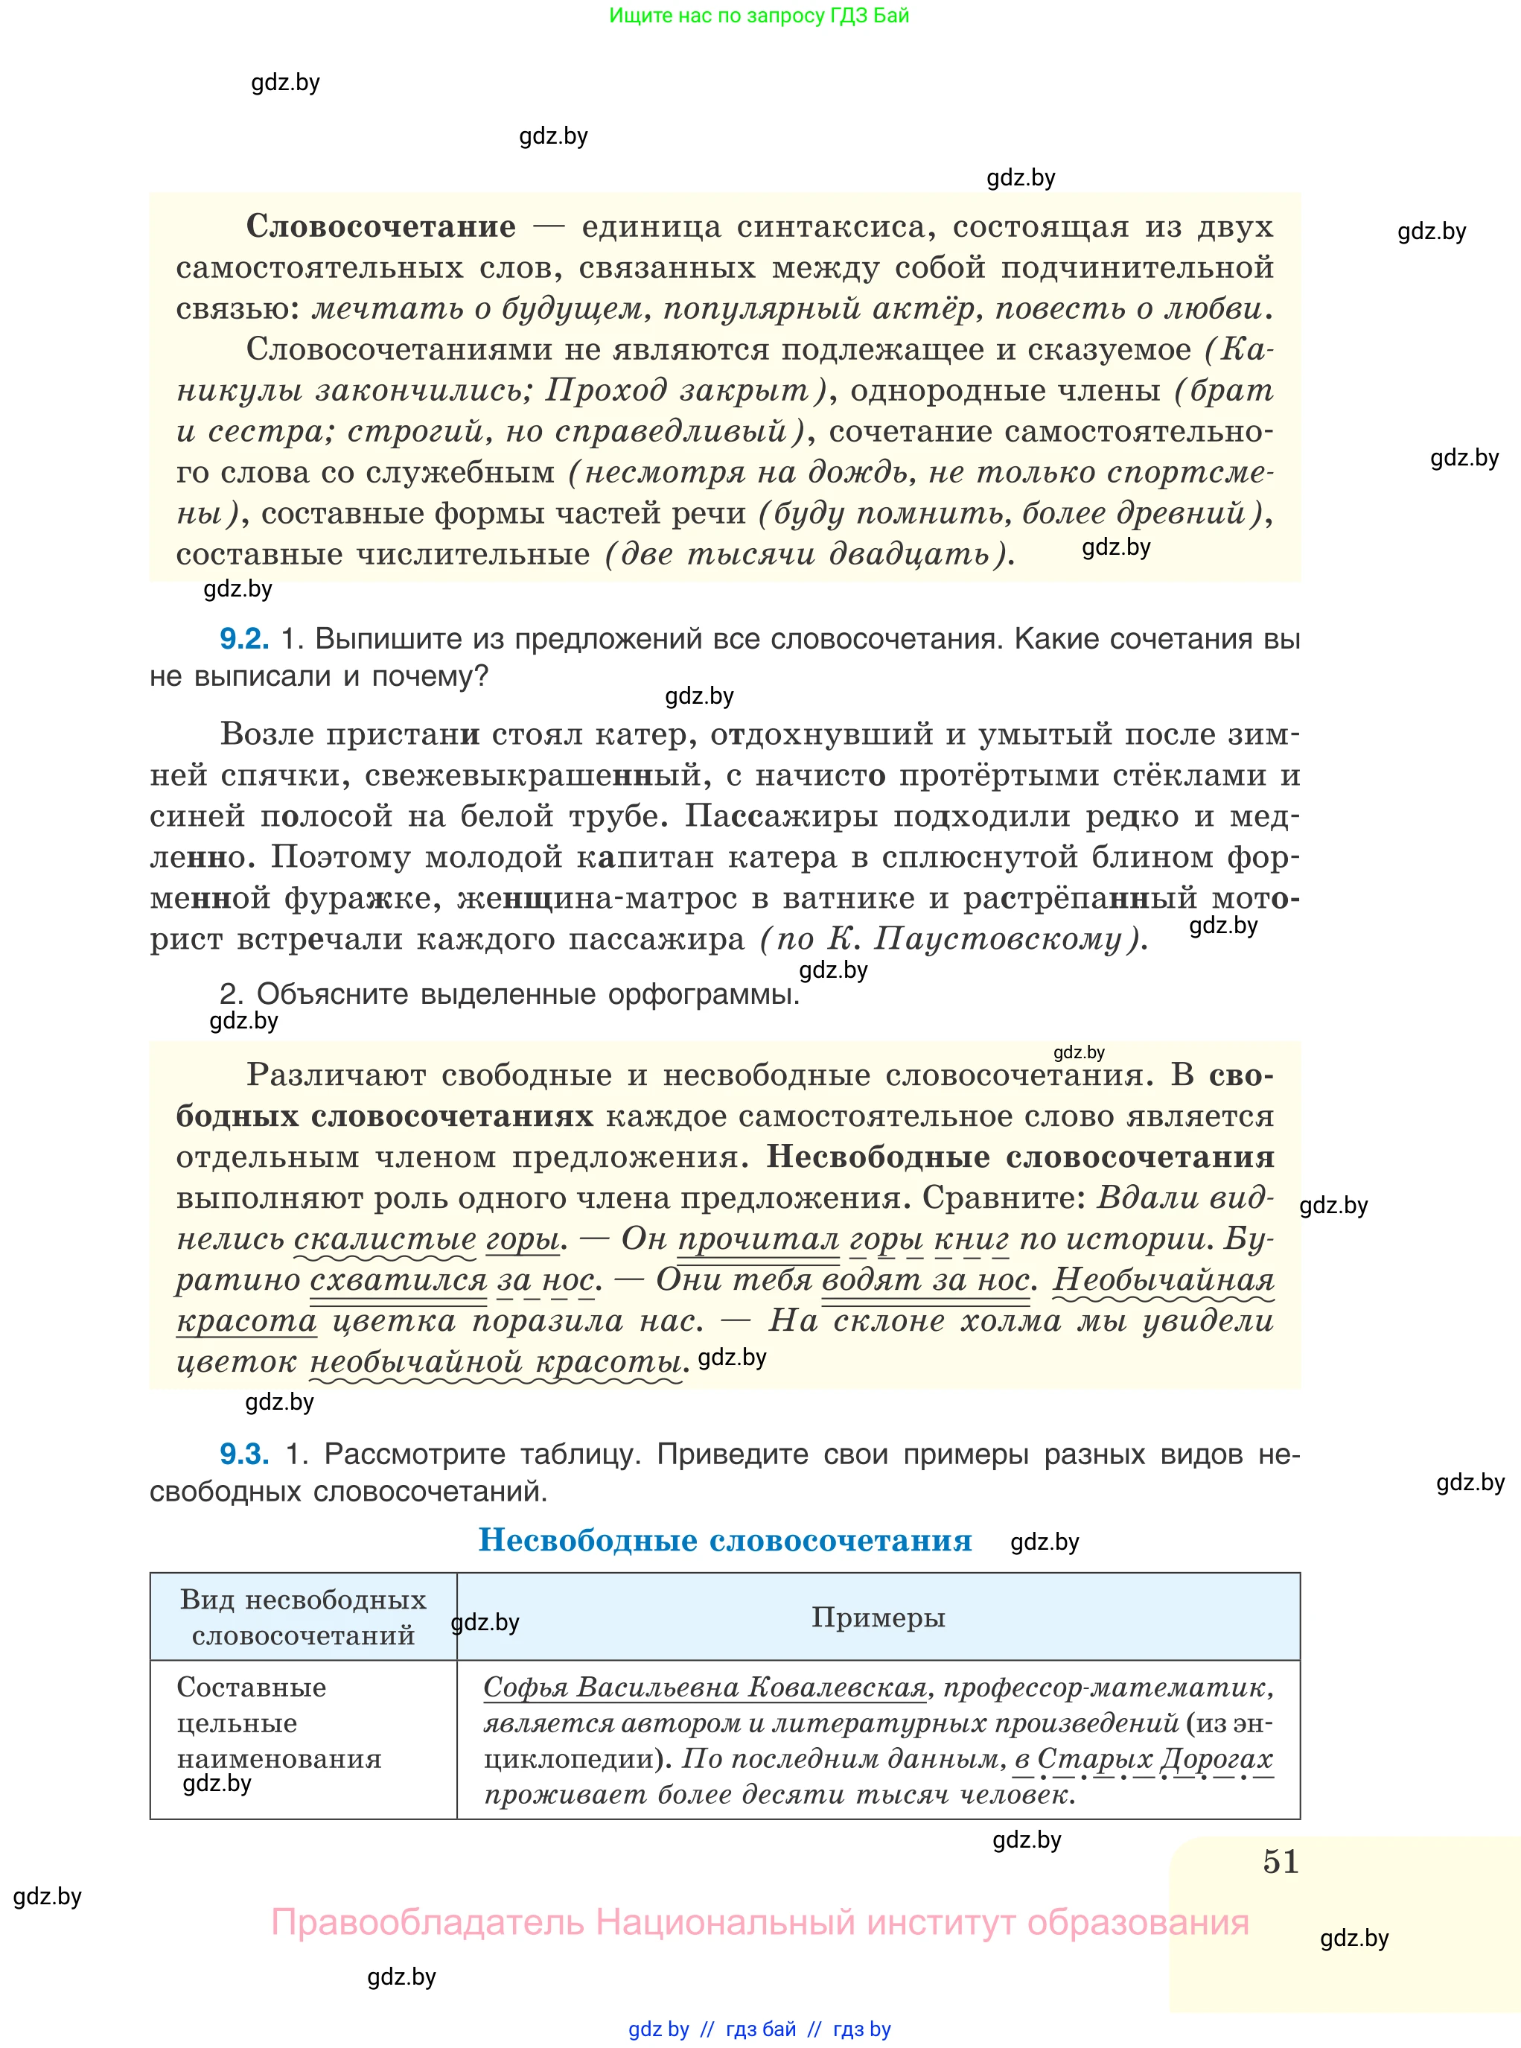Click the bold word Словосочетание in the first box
tap(380, 226)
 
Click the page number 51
tap(1280, 1862)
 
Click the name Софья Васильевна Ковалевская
tap(704, 1688)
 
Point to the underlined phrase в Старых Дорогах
tap(1144, 1759)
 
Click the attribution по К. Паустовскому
tap(953, 939)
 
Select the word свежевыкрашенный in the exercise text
tap(533, 775)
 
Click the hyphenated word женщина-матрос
tap(584, 898)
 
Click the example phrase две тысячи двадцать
tap(809, 554)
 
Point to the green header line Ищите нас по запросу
tap(759, 16)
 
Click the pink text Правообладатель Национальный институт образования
tap(759, 1923)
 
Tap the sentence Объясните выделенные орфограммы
tap(508, 994)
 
